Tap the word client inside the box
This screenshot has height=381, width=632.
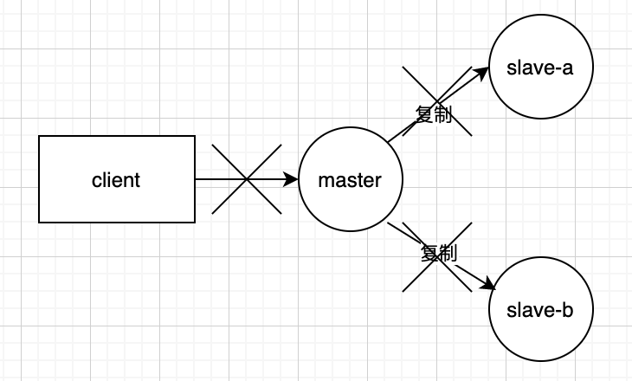(116, 180)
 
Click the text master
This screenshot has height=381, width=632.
(350, 180)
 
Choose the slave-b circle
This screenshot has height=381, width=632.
(541, 333)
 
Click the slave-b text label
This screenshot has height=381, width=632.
(541, 309)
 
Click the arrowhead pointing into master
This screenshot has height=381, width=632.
(292, 180)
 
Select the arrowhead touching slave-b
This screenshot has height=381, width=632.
(488, 287)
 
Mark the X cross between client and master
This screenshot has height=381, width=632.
(247, 179)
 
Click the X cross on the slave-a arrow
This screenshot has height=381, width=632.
(438, 100)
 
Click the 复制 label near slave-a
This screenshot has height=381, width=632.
(434, 116)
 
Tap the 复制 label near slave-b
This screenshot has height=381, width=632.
(438, 253)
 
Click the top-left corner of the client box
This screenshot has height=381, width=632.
(40, 137)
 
